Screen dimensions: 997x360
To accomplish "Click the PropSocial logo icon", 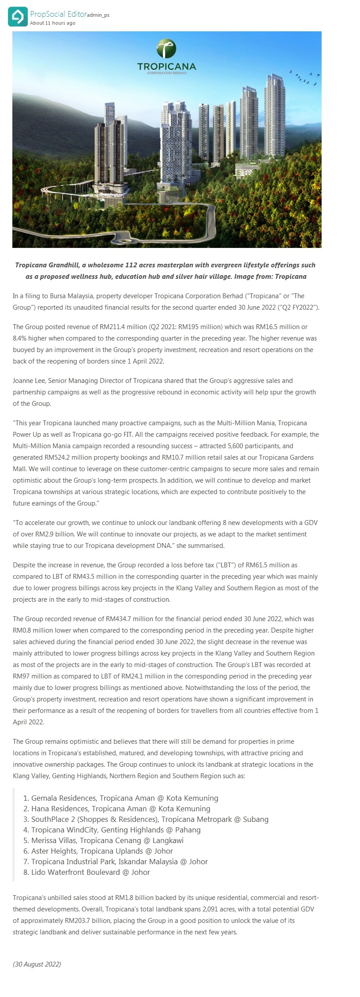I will (17, 17).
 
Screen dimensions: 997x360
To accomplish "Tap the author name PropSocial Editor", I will (58, 15).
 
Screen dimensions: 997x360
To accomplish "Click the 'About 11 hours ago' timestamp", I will (52, 23).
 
